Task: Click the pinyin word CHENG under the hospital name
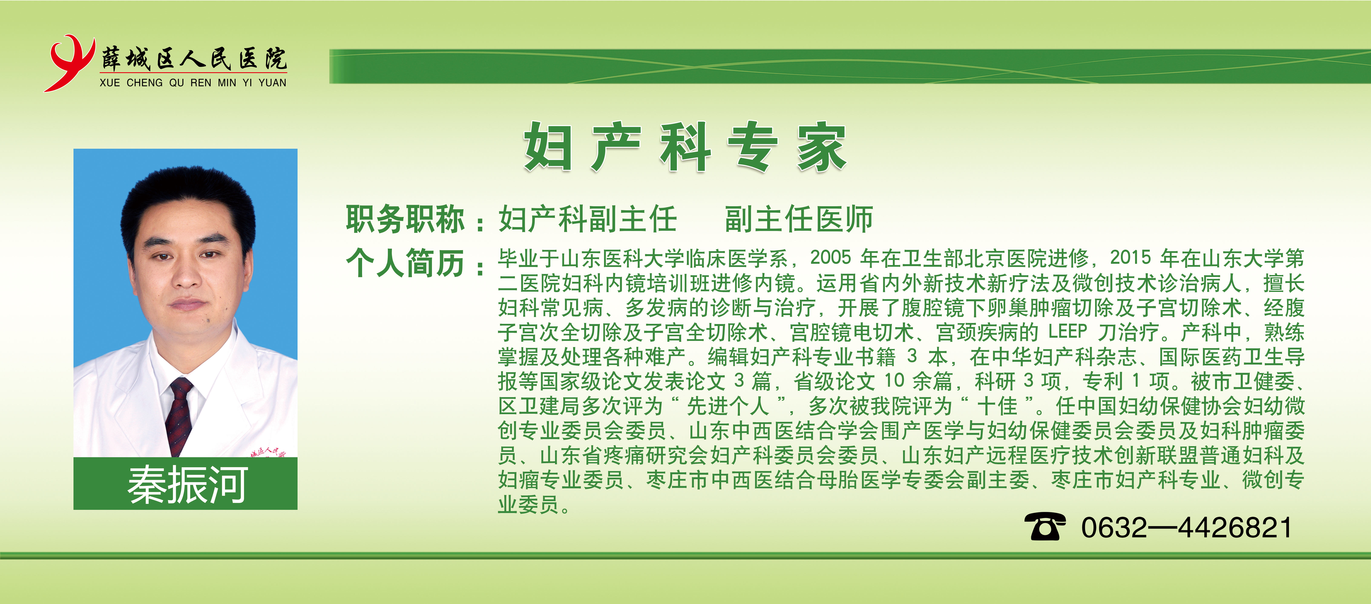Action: coord(145,83)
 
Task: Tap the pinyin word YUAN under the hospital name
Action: coord(272,83)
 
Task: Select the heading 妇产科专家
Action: coord(685,146)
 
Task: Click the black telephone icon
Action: coord(1045,527)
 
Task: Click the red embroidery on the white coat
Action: coord(269,452)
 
